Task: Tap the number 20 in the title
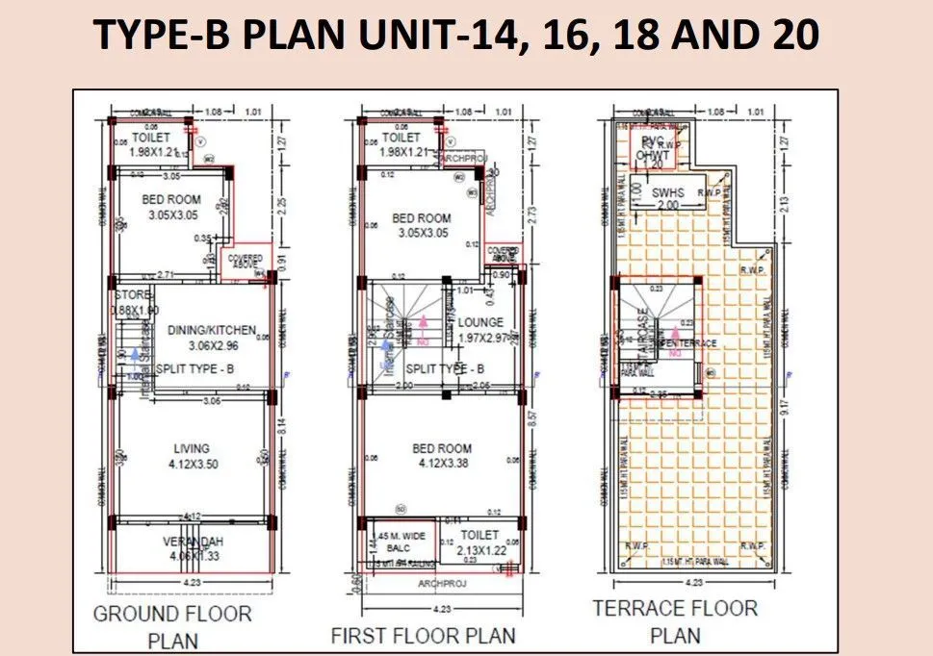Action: [x=790, y=36]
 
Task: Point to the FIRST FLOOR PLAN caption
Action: [x=423, y=635]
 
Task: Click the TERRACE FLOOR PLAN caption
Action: [x=675, y=620]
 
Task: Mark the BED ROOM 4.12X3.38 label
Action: [x=442, y=455]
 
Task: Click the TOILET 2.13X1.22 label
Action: [x=479, y=542]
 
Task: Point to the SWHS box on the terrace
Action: [x=666, y=193]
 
